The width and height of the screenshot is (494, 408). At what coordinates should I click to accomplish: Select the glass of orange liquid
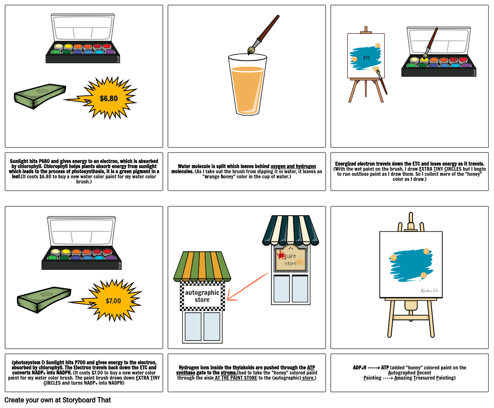[x=247, y=84]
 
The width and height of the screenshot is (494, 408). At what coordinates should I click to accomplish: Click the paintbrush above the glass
[x=263, y=35]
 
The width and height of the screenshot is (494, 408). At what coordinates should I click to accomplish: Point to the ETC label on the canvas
[x=366, y=58]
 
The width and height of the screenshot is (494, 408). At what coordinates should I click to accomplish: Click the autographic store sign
[x=202, y=296]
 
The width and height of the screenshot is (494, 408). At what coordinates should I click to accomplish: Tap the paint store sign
[x=291, y=259]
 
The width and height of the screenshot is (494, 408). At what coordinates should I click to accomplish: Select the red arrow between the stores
[x=247, y=286]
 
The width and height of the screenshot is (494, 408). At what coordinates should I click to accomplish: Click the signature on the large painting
[x=429, y=290]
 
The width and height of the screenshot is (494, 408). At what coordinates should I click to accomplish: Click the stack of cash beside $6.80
[x=40, y=96]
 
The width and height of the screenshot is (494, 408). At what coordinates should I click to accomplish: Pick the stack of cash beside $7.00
[x=44, y=299]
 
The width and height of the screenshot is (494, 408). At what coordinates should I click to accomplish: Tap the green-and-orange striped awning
[x=202, y=266]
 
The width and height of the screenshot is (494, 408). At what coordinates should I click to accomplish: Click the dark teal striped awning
[x=290, y=230]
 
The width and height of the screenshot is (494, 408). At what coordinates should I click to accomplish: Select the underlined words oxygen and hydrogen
[x=293, y=166]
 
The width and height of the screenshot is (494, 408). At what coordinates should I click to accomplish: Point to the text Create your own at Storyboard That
[x=58, y=400]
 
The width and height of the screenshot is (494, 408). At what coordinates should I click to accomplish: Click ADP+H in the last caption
[x=360, y=367]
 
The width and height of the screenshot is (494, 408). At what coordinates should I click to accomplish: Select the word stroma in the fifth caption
[x=228, y=373]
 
